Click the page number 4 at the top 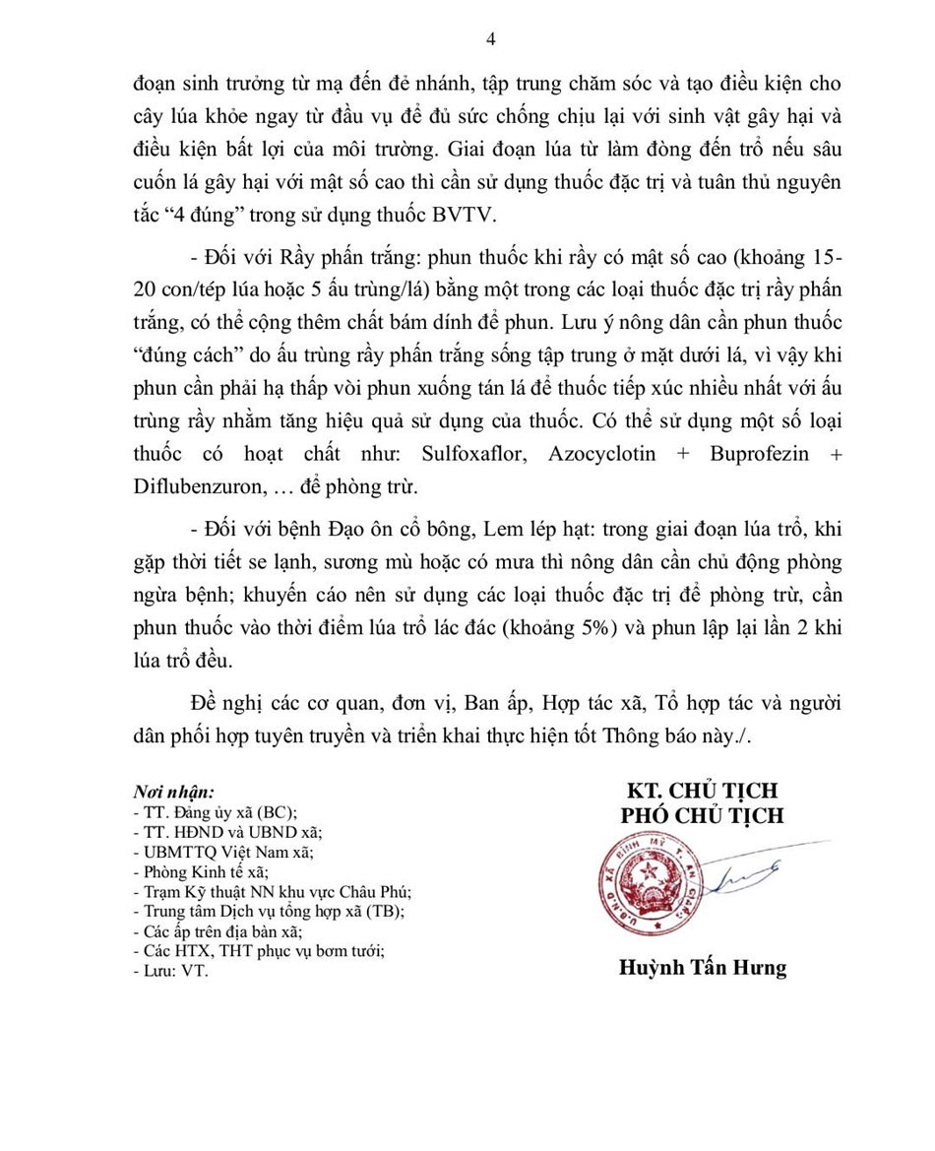point(491,39)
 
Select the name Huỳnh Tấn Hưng point(702,968)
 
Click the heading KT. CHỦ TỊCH point(702,791)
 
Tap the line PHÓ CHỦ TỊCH point(702,816)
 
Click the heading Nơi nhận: point(173,792)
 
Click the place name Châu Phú point(375,891)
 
